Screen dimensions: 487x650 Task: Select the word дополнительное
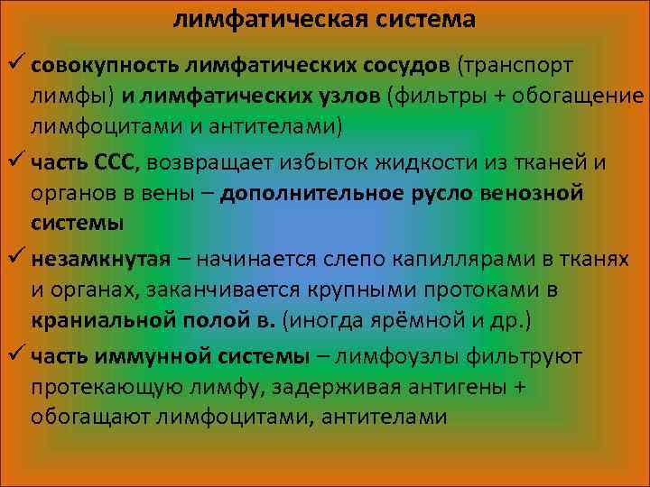tap(307, 193)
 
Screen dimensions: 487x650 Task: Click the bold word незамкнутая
tap(99, 260)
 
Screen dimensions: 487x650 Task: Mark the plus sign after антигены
tap(517, 386)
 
